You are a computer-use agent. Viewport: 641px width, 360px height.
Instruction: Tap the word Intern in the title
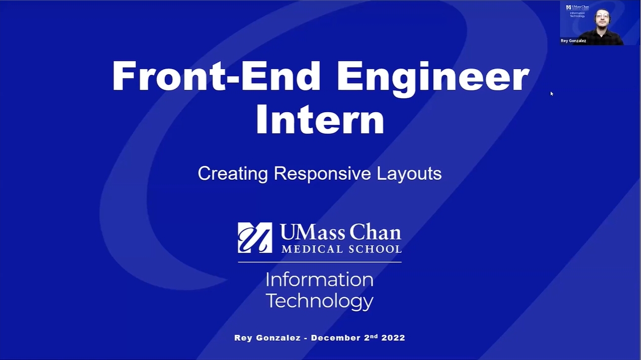click(x=320, y=119)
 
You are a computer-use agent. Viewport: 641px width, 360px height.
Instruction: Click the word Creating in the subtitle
click(x=233, y=174)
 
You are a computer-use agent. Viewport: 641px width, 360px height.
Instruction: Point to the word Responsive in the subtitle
click(x=322, y=174)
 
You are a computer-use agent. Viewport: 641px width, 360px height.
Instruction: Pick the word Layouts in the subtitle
click(x=409, y=174)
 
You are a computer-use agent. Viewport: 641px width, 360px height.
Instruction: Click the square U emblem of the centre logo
click(x=255, y=238)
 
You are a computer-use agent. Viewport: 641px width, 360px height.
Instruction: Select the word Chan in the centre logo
click(x=375, y=232)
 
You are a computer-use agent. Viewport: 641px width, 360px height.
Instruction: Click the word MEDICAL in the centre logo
click(x=312, y=249)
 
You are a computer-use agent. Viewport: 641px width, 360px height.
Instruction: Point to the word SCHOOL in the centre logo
click(x=375, y=249)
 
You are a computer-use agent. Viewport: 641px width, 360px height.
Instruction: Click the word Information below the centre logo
click(x=320, y=280)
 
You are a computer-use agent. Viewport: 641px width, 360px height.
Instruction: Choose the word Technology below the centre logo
click(x=320, y=301)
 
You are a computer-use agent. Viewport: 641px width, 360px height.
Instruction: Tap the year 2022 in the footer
click(x=393, y=338)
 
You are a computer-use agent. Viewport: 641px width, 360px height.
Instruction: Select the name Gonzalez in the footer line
click(x=278, y=338)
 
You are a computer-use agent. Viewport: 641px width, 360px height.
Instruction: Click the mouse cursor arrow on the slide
click(x=552, y=93)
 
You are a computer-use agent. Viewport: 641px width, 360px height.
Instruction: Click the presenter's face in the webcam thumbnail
click(x=602, y=18)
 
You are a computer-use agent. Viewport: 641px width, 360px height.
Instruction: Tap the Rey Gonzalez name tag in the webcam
click(x=573, y=40)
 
